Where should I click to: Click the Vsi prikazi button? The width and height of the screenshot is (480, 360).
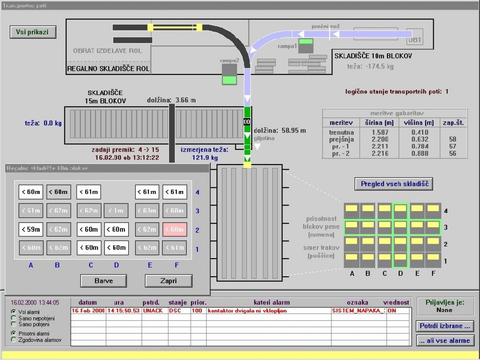tap(33, 32)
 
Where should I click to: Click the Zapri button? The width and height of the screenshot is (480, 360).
tap(168, 281)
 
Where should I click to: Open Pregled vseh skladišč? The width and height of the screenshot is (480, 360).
tap(394, 184)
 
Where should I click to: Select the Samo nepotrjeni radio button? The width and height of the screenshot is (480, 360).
tap(13, 318)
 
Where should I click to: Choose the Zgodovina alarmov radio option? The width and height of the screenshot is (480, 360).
tap(13, 339)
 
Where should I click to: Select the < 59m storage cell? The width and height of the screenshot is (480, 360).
tap(31, 229)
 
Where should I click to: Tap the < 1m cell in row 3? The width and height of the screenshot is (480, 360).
tap(116, 211)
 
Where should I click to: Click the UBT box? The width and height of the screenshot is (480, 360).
tap(415, 40)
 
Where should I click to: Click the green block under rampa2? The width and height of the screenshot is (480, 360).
tap(229, 80)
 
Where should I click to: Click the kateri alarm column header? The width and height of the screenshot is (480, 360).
tap(272, 302)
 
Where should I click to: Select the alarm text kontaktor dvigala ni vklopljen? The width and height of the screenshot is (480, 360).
tap(247, 311)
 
